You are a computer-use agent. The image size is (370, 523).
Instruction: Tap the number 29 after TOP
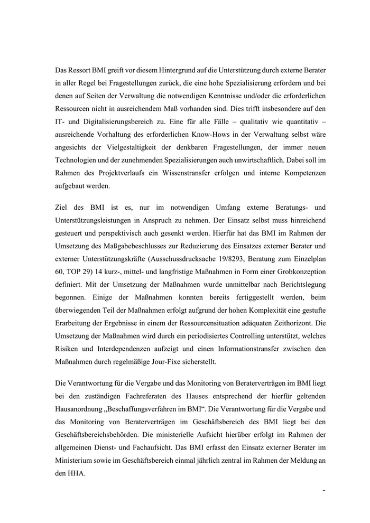click(78, 286)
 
